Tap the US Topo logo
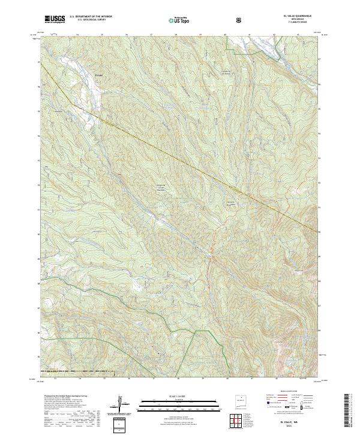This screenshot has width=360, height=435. click(x=182, y=20)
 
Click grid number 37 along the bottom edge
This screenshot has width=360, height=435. click(x=154, y=379)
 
